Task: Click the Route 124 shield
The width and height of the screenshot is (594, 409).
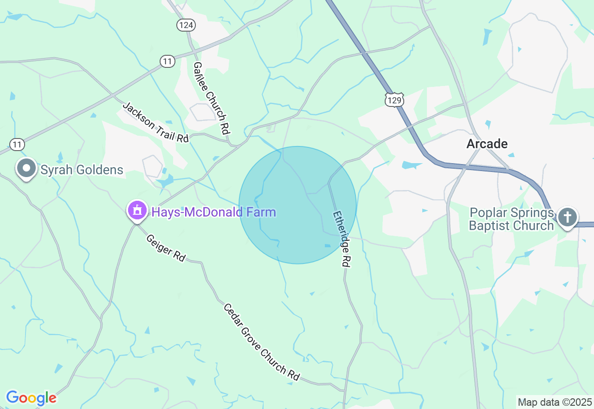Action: pos(186,25)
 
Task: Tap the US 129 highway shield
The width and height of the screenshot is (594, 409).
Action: pos(394,99)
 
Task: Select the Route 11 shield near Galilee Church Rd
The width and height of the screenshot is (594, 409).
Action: pos(168,61)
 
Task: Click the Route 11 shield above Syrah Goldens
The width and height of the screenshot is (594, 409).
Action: pos(17,145)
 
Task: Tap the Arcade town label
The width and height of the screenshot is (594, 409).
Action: pos(487,144)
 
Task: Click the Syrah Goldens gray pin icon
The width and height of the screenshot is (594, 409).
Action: pos(26,169)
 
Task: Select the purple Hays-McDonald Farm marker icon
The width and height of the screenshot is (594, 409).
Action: pos(137,211)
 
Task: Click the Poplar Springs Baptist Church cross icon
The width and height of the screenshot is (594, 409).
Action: pos(567,217)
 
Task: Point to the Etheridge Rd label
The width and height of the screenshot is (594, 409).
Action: pos(341,239)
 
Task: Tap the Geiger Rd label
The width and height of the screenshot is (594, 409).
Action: pos(166,248)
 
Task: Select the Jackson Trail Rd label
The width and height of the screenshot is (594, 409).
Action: pos(155,122)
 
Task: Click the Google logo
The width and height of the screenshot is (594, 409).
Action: pos(31,398)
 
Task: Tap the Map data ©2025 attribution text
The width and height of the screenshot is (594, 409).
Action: pos(555,402)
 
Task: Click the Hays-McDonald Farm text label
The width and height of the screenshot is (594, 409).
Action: pos(213,212)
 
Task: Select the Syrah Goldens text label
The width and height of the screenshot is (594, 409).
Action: pos(82,170)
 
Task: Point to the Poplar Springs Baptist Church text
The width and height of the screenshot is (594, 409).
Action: pos(512,219)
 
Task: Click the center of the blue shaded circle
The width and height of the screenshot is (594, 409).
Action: pos(297,205)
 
